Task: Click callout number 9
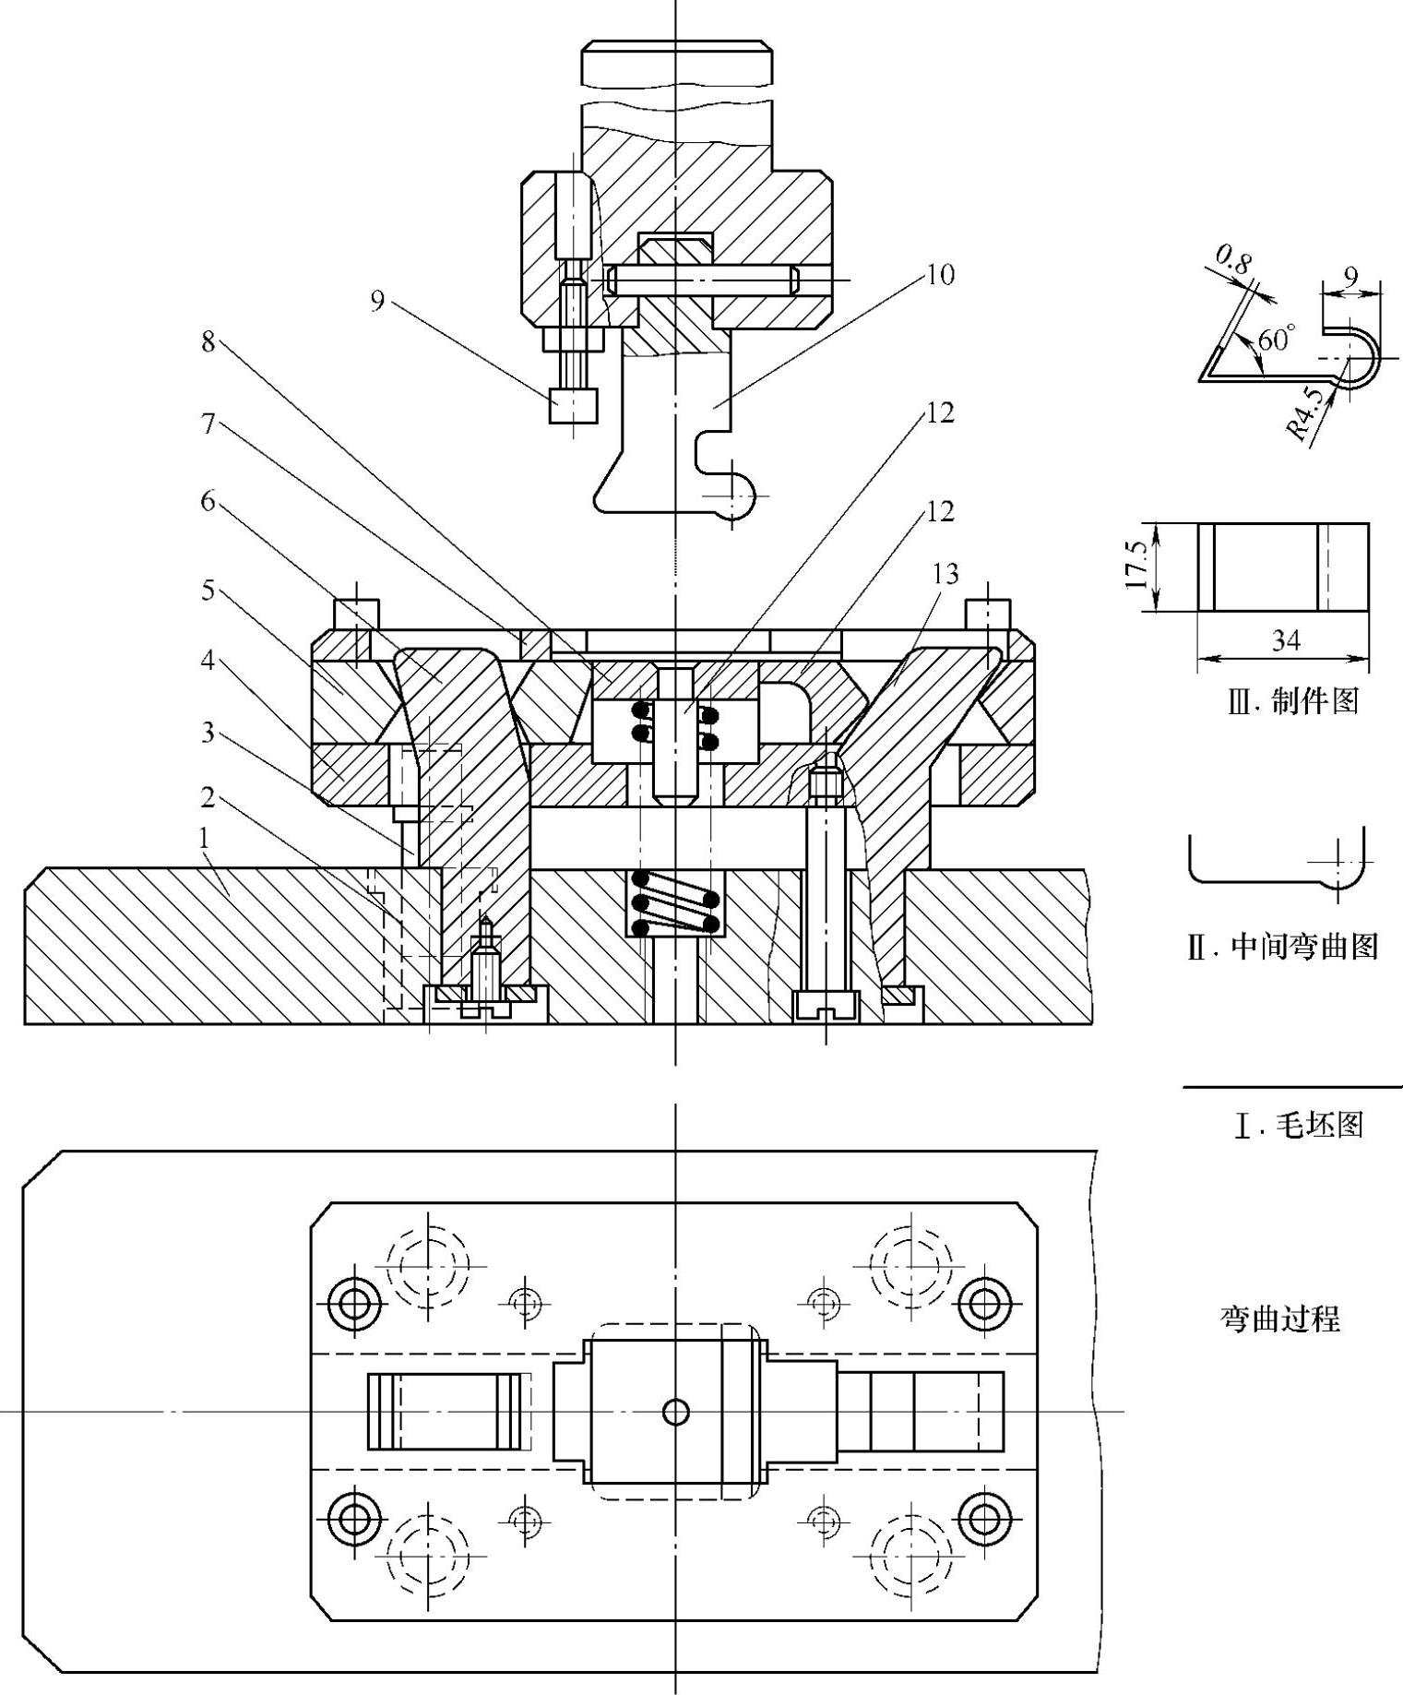(x=377, y=302)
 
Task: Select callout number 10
(x=940, y=274)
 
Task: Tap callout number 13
(x=946, y=574)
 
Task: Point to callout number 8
(x=208, y=341)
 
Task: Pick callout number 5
(x=208, y=590)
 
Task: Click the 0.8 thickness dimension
(x=1234, y=260)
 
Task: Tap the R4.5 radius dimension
(x=1305, y=413)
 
